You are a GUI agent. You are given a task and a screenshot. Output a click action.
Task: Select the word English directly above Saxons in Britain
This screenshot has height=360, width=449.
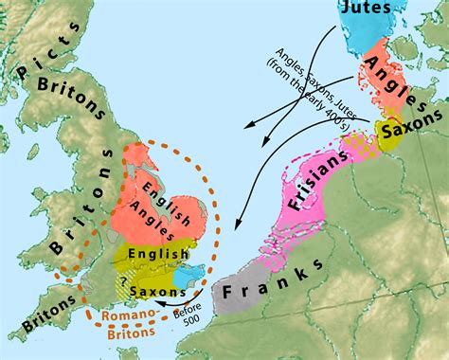[156, 255]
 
